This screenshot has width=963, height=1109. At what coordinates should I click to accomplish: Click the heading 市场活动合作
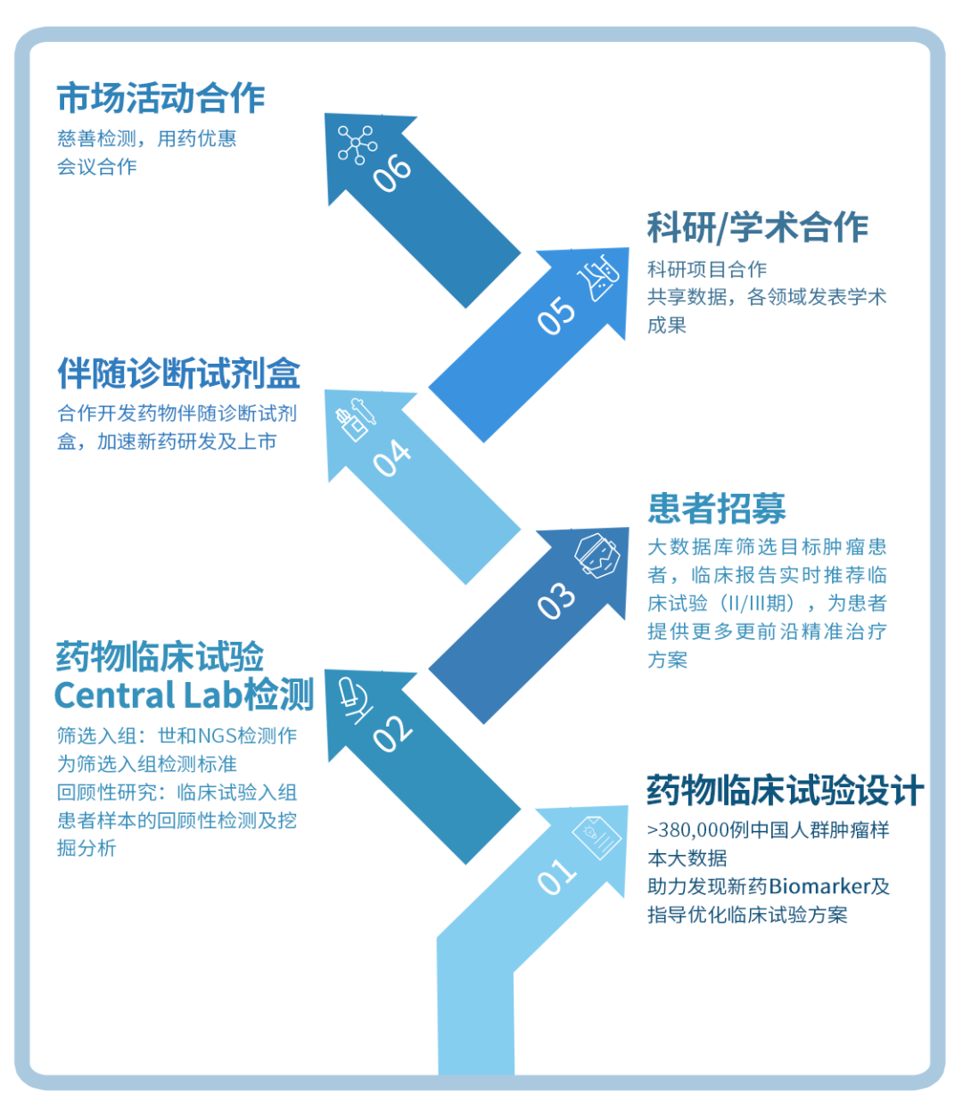(160, 98)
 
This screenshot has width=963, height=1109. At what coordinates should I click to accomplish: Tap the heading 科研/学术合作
(757, 227)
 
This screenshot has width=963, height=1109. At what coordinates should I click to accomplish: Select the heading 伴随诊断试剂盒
(178, 374)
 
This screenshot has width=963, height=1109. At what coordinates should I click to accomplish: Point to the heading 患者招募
(716, 508)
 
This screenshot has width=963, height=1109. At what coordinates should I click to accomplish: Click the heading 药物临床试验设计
(785, 790)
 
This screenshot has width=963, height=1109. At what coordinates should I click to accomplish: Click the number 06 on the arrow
(392, 174)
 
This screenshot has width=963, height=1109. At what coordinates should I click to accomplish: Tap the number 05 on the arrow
(556, 316)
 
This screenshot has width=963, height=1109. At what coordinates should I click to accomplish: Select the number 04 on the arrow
(391, 458)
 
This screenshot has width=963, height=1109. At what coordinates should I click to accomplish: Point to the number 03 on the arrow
(556, 601)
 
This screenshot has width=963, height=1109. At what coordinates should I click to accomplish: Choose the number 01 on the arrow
(556, 877)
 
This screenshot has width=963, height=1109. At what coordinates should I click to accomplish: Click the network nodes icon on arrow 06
(358, 144)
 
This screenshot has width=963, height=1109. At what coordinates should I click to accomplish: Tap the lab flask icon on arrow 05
(597, 277)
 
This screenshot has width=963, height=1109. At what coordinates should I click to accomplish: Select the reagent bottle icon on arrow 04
(356, 420)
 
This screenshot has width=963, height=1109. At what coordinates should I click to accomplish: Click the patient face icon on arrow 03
(597, 555)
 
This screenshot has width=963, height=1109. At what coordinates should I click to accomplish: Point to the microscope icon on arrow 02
(356, 701)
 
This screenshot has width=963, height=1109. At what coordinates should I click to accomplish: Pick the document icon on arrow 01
(597, 838)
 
